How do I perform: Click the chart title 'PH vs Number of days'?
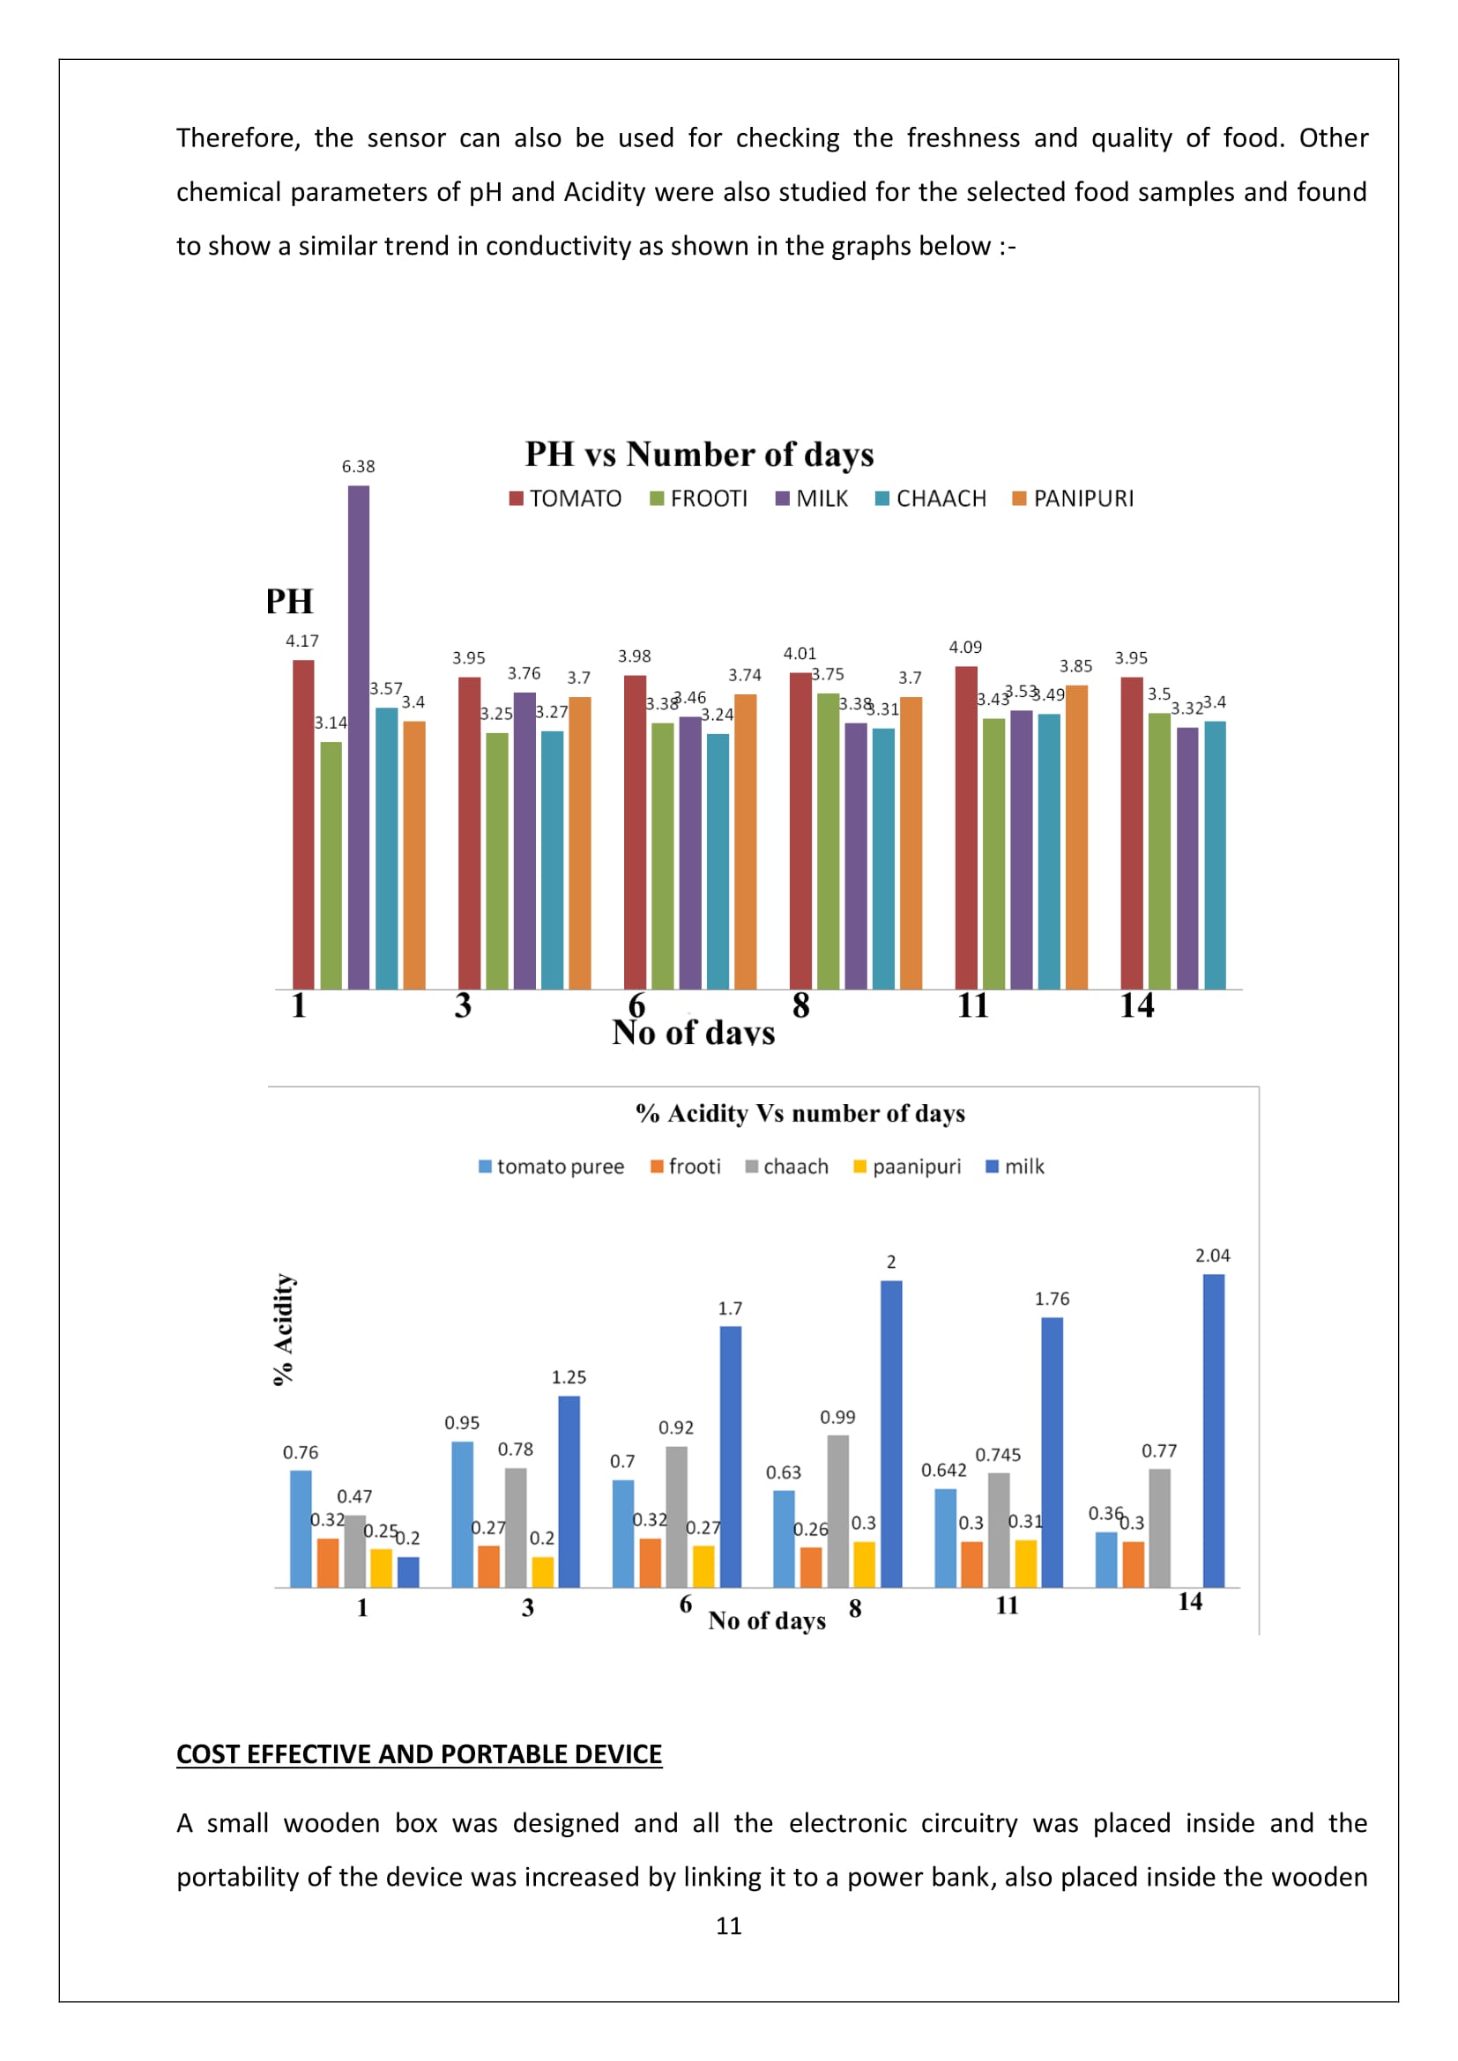(x=699, y=454)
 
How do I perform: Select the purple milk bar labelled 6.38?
(x=358, y=736)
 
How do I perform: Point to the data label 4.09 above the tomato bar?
(x=965, y=648)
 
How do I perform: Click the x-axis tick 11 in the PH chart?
(x=973, y=1005)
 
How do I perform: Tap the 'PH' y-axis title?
(x=289, y=602)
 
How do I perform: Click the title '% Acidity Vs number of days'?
(x=800, y=1114)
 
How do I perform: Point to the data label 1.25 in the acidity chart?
(x=569, y=1377)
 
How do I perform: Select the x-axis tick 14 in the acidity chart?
(x=1189, y=1602)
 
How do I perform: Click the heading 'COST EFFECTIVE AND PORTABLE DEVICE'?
(x=419, y=1755)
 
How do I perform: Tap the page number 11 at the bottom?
(x=729, y=1925)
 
